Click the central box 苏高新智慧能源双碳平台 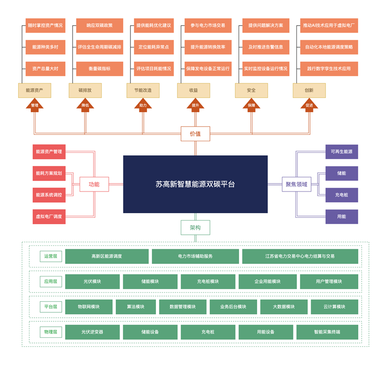pos(195,184)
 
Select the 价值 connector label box pos(195,134)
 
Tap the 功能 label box pos(94,185)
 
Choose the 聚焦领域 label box pos(296,185)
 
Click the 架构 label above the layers pos(195,228)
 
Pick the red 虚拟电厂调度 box pos(49,217)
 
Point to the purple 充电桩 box pos(341,195)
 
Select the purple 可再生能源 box pos(341,152)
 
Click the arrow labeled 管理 pos(35,105)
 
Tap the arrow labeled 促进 pos(309,105)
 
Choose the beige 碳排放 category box pos(85,90)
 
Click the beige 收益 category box pos(193,90)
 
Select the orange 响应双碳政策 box pos(100,26)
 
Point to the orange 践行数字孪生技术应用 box pos(329,69)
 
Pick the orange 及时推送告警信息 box pos(266,47)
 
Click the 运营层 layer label pos(51,256)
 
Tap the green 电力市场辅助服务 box pos(195,256)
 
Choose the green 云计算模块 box pos(334,307)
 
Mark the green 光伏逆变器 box pos(92,332)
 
